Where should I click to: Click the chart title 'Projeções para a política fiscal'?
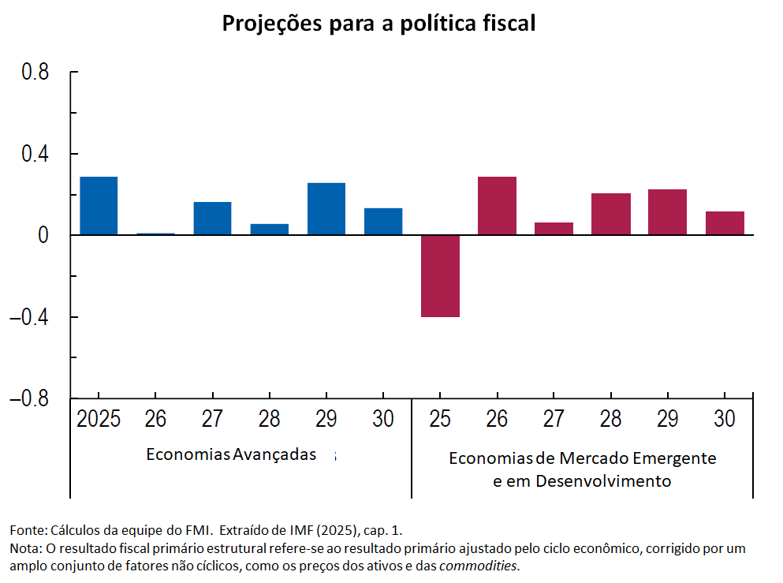378,24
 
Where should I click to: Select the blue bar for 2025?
99,206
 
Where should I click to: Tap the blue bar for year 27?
212,219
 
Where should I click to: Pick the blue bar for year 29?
326,209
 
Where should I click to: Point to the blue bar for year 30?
383,222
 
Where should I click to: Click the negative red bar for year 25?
440,276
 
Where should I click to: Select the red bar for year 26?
497,206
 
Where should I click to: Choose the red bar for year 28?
611,214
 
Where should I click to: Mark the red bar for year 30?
725,223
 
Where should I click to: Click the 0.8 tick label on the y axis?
35,72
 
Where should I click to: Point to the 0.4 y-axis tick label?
35,153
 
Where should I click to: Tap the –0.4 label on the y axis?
29,316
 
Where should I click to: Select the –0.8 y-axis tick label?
29,398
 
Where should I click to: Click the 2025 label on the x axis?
99,419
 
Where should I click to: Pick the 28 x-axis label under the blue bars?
269,419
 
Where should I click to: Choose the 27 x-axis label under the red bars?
554,419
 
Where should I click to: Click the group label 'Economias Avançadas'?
231,454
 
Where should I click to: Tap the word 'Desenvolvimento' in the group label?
603,481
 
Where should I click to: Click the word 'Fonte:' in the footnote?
28,530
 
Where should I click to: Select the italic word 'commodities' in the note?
477,566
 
